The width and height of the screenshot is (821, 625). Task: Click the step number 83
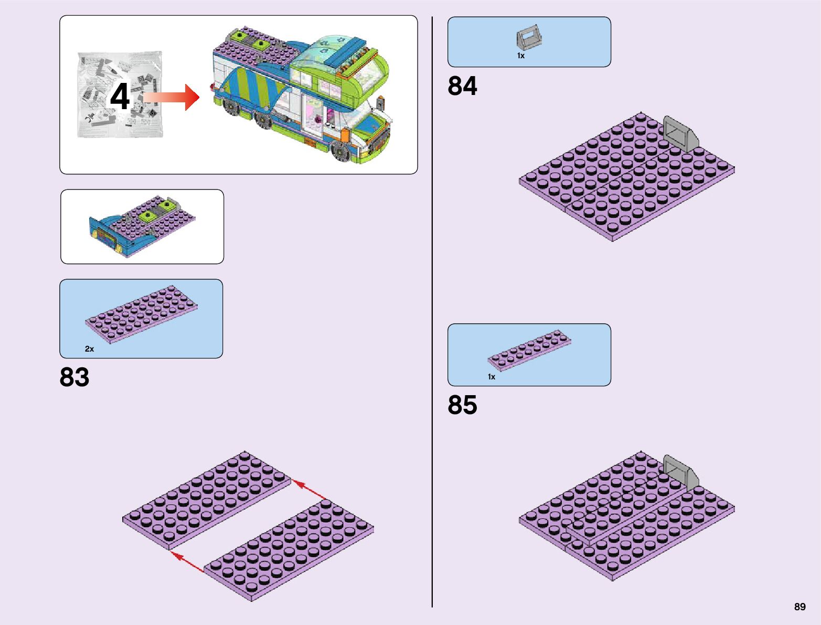coord(74,377)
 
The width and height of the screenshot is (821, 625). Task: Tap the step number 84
coord(462,86)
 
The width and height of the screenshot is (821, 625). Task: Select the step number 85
coord(462,405)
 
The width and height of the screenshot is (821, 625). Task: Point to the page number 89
coord(799,607)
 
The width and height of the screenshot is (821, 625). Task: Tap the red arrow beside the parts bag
coord(173,98)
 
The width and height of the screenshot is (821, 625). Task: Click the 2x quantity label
coord(89,349)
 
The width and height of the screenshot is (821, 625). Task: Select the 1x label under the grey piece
coord(520,56)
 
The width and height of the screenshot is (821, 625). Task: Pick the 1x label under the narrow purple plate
coord(491,377)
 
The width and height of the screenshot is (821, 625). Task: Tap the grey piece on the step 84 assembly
coord(680,134)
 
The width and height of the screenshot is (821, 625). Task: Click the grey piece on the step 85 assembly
coord(680,472)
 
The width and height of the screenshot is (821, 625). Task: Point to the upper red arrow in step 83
coord(310,489)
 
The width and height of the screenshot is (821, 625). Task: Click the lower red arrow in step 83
coord(188,562)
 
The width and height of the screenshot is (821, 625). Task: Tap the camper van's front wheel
coord(342,151)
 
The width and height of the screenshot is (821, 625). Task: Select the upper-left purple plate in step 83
coord(206,501)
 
